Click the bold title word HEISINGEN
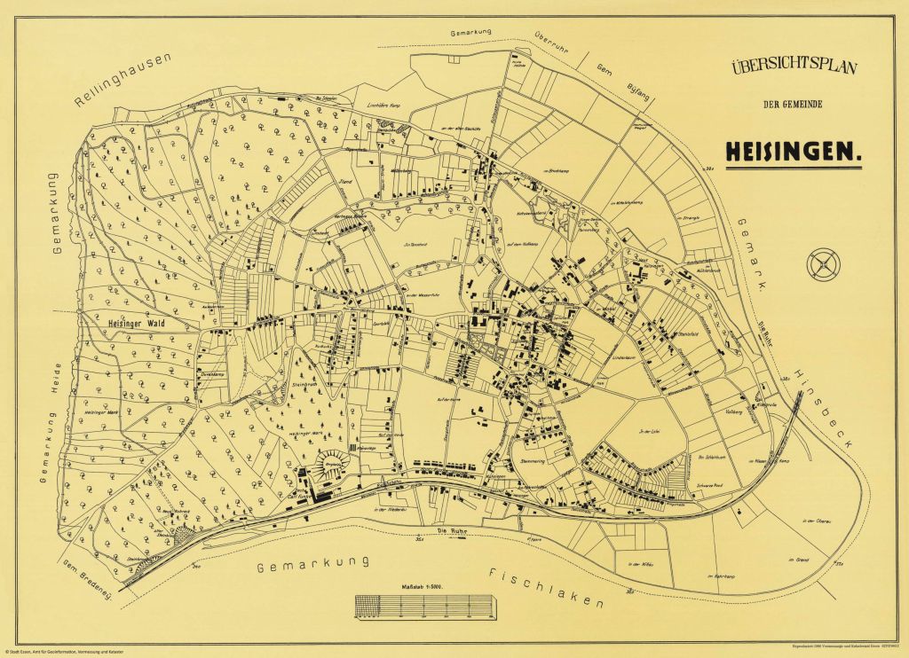pyautogui.click(x=794, y=151)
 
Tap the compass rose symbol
pyautogui.click(x=822, y=262)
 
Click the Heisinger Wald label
pyautogui.click(x=137, y=323)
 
